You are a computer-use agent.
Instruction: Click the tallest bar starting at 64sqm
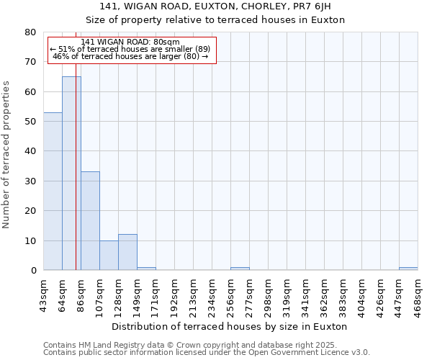pyautogui.click(x=71, y=173)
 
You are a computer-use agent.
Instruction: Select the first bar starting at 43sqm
pyautogui.click(x=53, y=191)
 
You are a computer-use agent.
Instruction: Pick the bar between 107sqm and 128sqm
pyautogui.click(x=109, y=256)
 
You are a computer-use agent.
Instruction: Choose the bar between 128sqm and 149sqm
pyautogui.click(x=127, y=252)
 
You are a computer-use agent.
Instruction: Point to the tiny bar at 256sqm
pyautogui.click(x=240, y=269)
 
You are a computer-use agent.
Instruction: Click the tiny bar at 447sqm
pyautogui.click(x=408, y=269)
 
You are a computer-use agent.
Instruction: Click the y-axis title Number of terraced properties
pyautogui.click(x=6, y=154)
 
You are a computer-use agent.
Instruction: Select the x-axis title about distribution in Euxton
pyautogui.click(x=230, y=326)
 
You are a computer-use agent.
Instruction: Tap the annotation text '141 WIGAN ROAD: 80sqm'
pyautogui.click(x=130, y=42)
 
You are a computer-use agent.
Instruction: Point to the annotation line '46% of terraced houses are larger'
pyautogui.click(x=130, y=56)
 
